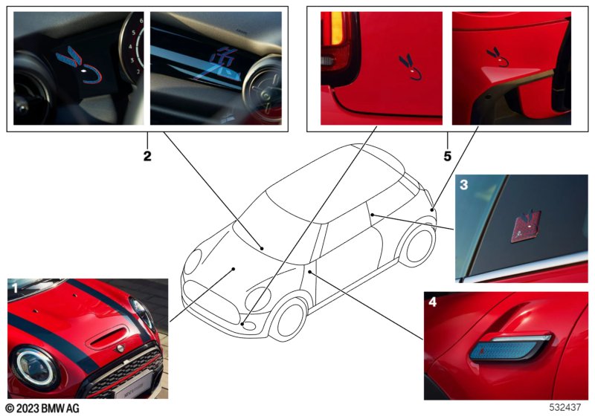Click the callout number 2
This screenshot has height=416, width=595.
pyautogui.click(x=147, y=156)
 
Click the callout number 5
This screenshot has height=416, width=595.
pyautogui.click(x=448, y=156)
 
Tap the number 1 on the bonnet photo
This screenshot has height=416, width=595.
pyautogui.click(x=15, y=289)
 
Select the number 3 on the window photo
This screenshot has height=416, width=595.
pyautogui.click(x=463, y=185)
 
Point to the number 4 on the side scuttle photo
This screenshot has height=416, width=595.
pyautogui.click(x=432, y=302)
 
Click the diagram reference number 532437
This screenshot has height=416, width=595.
pyautogui.click(x=565, y=407)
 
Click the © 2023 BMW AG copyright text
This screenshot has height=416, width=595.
pyautogui.click(x=42, y=408)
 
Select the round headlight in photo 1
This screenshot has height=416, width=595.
pyautogui.click(x=34, y=367)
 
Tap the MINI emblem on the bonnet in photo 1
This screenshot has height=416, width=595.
pyautogui.click(x=120, y=348)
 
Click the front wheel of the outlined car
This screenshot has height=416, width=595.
pyautogui.click(x=290, y=320)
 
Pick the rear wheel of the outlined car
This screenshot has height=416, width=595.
pyautogui.click(x=418, y=245)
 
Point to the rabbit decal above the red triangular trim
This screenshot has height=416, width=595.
pyautogui.click(x=497, y=56)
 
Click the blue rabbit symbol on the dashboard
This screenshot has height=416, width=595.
pyautogui.click(x=80, y=65)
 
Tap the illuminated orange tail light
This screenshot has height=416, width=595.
pyautogui.click(x=338, y=28)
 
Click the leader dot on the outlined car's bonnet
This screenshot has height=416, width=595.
pyautogui.click(x=234, y=269)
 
